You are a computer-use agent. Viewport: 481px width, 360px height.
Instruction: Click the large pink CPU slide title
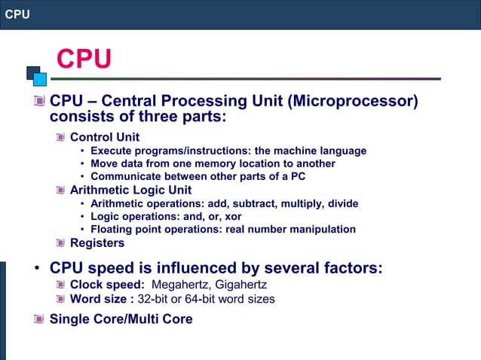pos(84,59)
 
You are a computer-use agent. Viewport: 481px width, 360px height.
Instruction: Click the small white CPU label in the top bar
pos(17,14)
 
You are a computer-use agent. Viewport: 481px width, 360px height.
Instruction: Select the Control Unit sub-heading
pos(105,137)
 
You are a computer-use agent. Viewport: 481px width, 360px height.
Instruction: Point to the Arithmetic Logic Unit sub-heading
pos(130,190)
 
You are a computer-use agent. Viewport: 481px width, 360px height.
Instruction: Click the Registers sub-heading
pos(97,243)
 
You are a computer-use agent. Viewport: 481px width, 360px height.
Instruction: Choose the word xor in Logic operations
pos(230,216)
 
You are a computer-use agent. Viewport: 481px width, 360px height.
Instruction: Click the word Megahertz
pos(182,285)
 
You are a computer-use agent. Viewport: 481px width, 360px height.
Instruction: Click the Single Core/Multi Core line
pos(121,319)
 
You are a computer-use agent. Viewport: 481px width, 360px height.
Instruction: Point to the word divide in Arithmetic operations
pos(342,203)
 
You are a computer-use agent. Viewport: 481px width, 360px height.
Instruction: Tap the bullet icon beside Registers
pos(60,243)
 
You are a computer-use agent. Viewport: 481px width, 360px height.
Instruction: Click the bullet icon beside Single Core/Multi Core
pos(39,319)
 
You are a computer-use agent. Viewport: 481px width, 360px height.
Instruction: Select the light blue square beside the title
pos(39,78)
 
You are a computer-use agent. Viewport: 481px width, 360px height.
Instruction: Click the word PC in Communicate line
pos(298,176)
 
